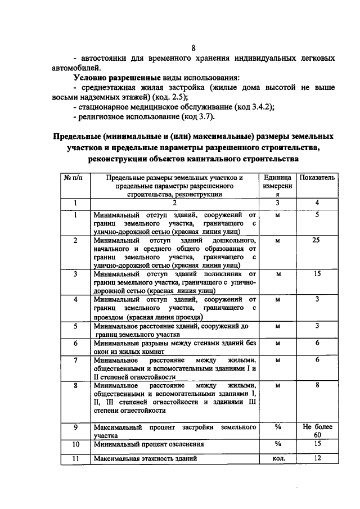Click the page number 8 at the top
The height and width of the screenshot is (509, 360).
[x=193, y=48]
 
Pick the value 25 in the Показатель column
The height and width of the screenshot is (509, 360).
[x=317, y=240]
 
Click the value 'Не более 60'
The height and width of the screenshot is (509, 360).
[x=317, y=431]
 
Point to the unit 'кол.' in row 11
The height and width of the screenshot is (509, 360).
[x=277, y=458]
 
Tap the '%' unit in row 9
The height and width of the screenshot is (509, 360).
[x=277, y=427]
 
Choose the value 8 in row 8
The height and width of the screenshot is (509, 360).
[x=317, y=385]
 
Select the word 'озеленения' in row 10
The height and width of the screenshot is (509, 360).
[x=185, y=444]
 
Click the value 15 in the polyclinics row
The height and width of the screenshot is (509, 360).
[x=317, y=274]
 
